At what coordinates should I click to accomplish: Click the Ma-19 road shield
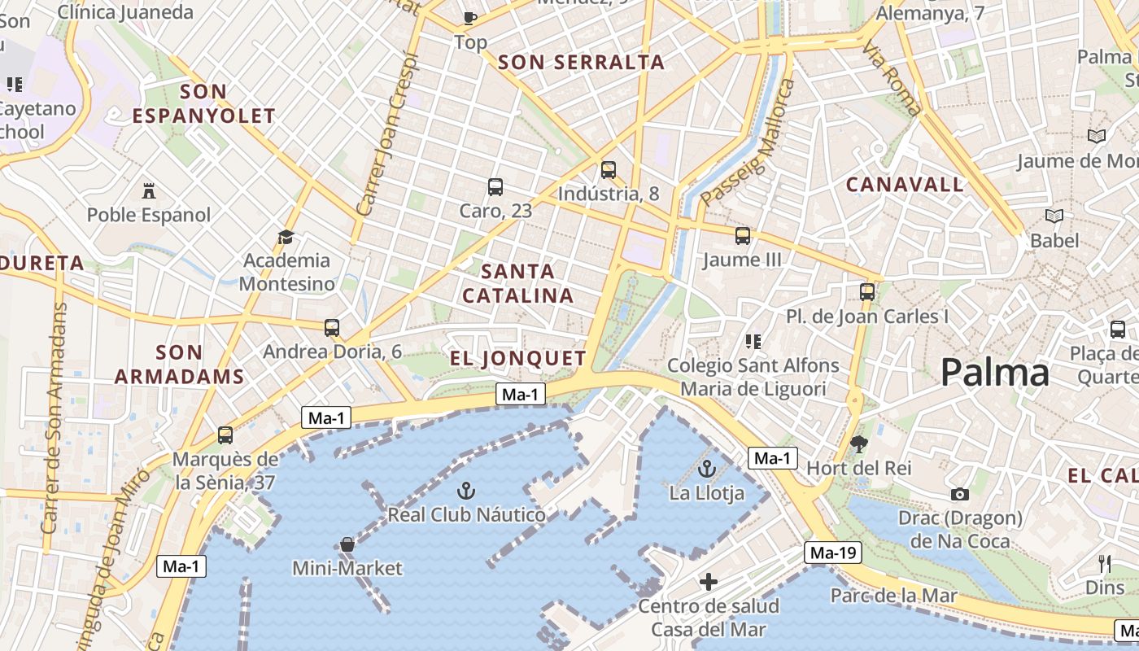coord(833,553)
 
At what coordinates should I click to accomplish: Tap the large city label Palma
coord(994,373)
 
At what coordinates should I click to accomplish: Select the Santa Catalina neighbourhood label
coord(518,282)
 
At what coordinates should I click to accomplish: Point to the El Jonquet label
coord(518,358)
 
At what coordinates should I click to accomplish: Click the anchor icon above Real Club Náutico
coord(465,490)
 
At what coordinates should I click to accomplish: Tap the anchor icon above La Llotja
coord(707,469)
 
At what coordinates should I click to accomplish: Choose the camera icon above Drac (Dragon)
coord(959,494)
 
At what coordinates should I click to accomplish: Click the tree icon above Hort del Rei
coord(858,443)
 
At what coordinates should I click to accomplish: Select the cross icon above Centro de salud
coord(709,581)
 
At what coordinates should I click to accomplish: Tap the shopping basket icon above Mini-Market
coord(347,544)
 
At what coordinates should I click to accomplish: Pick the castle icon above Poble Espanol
coord(148,191)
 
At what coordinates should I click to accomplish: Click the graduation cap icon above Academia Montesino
coord(286,237)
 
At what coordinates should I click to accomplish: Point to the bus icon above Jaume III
coord(742,236)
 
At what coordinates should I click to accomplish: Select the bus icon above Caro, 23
coord(495,186)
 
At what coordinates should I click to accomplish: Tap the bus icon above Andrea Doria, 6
coord(331,327)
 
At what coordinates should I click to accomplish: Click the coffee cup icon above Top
coord(469,17)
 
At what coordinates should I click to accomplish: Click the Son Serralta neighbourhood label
coord(581,62)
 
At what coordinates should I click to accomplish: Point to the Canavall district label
coord(905,185)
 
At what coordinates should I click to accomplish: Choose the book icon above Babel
coord(1054,216)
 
